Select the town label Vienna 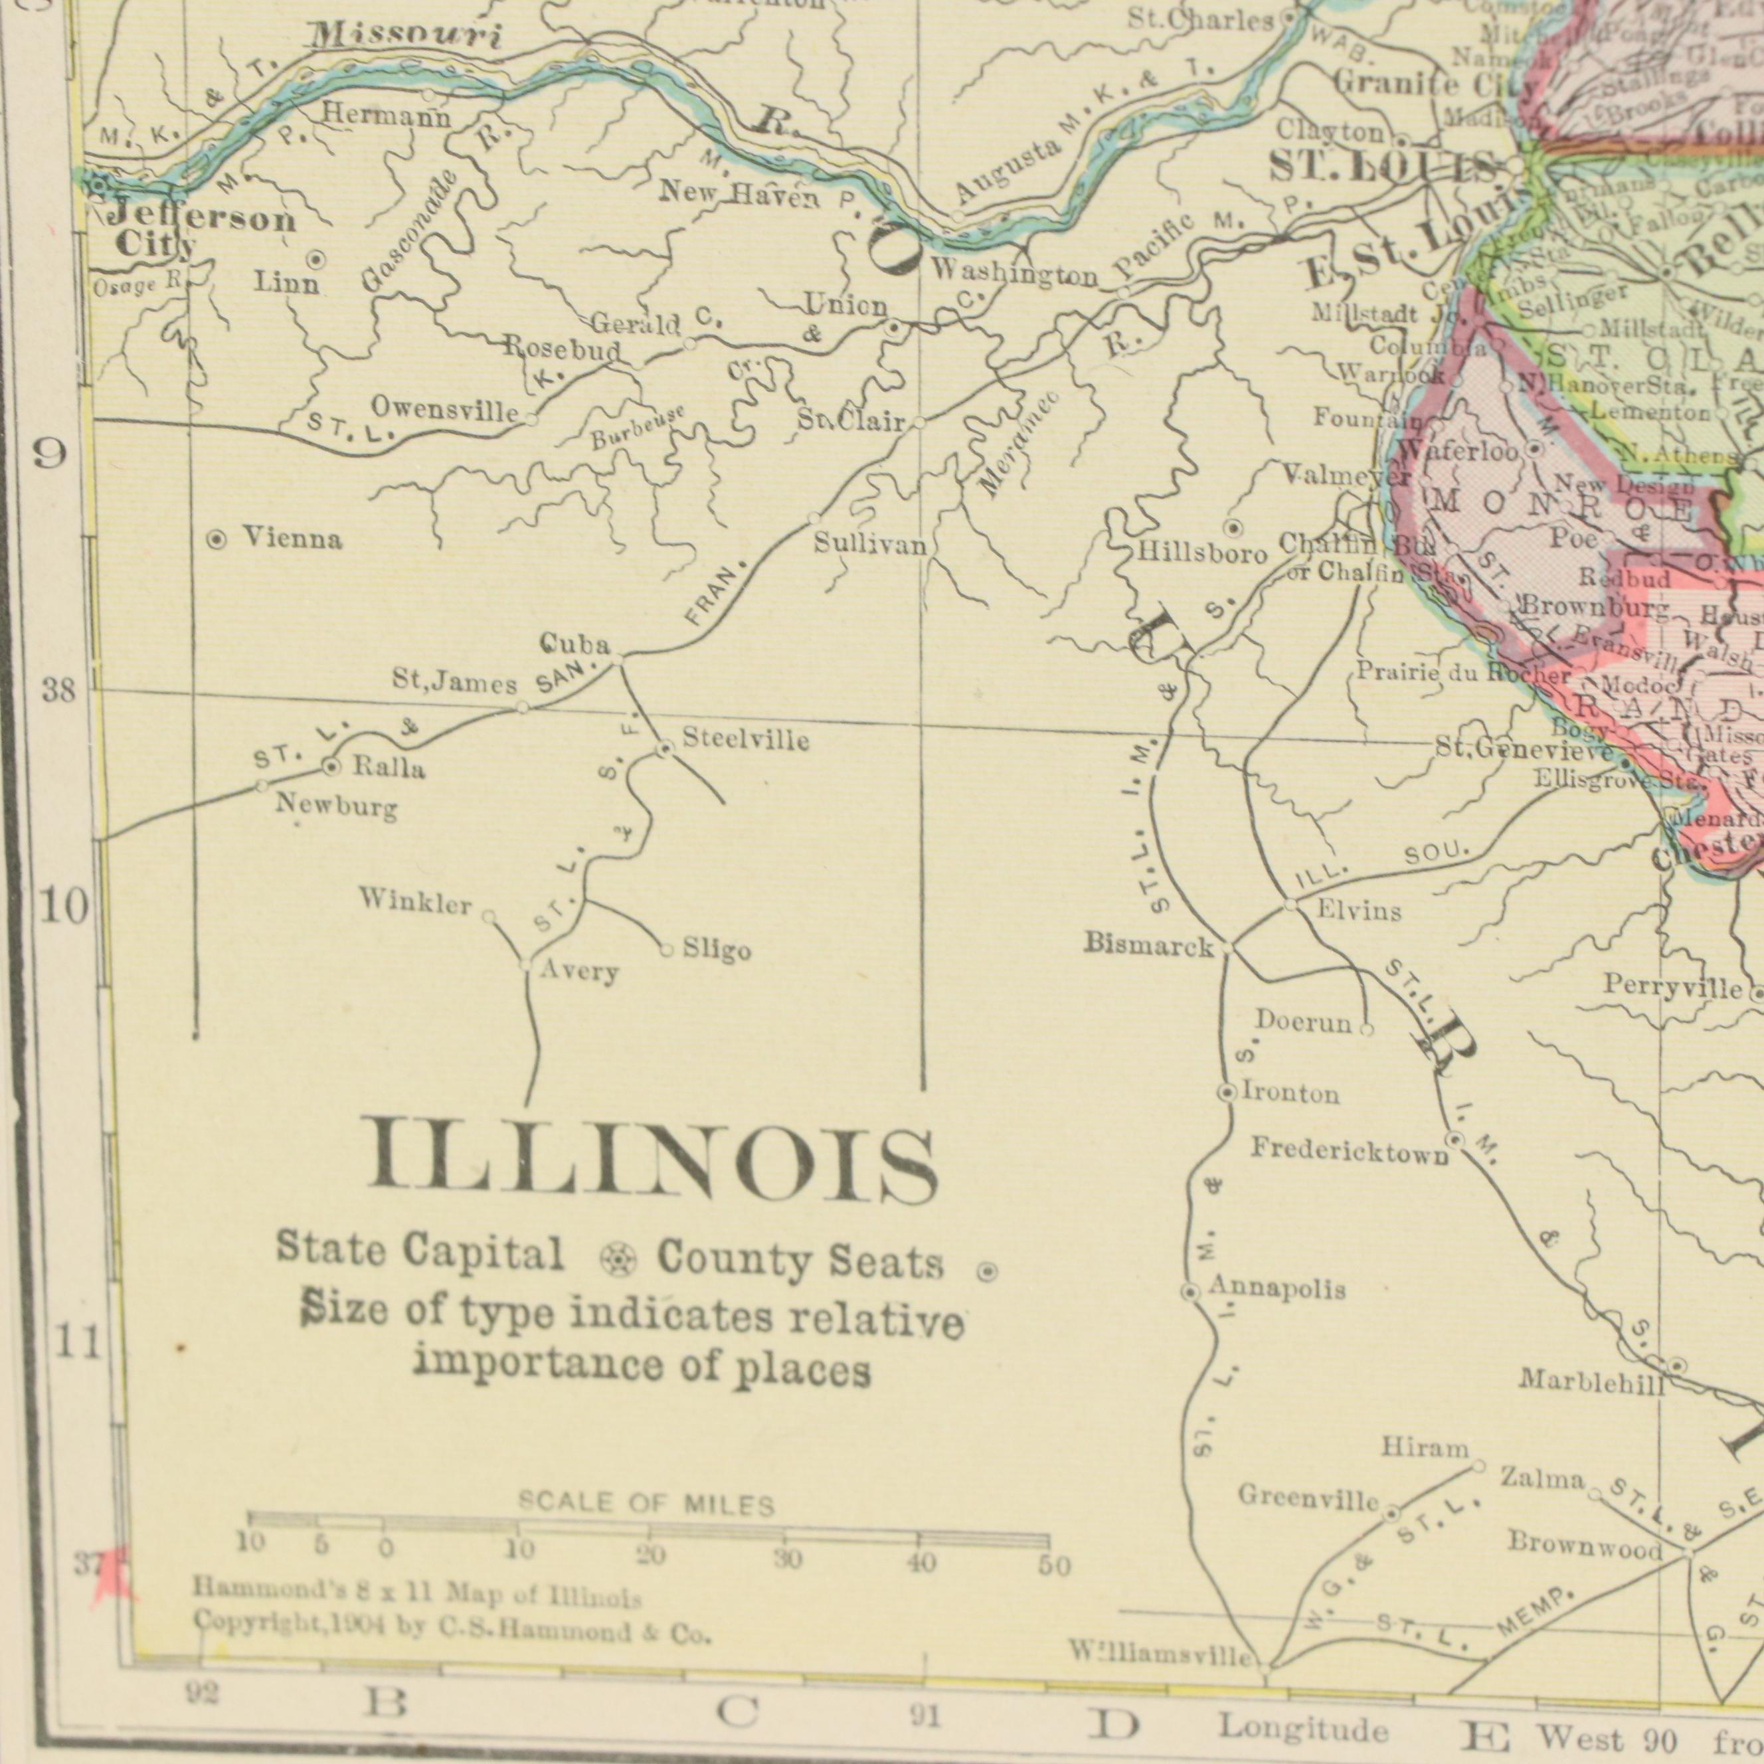tap(292, 539)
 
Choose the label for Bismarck tap(1148, 945)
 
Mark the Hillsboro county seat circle tap(1232, 529)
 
